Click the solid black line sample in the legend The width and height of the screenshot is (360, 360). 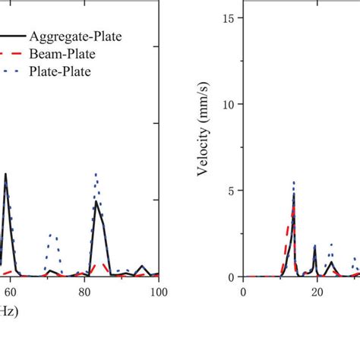[12, 35]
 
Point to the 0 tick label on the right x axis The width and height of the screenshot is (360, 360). [243, 292]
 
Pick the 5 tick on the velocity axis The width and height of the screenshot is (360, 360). [232, 191]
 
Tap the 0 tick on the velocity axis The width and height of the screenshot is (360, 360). [232, 277]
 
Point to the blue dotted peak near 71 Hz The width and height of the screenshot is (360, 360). [52, 235]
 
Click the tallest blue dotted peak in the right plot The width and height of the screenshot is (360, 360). [294, 182]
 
